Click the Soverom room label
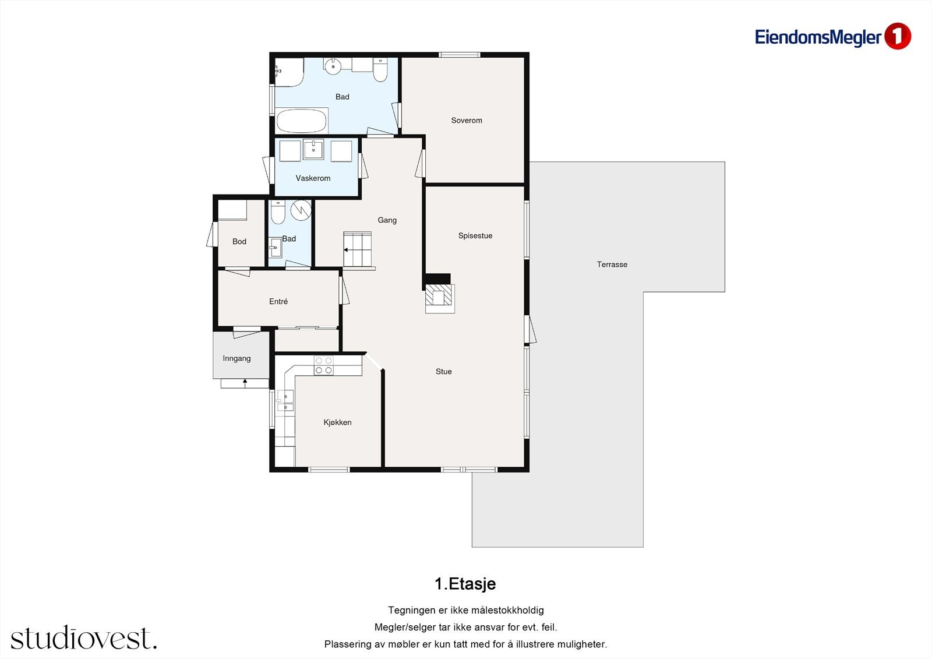click(x=467, y=120)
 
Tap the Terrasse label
click(x=612, y=265)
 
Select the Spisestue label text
click(x=475, y=235)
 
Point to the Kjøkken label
click(x=337, y=422)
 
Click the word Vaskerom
click(x=313, y=178)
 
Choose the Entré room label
click(x=278, y=301)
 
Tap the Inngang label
click(x=236, y=358)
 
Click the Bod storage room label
click(x=239, y=241)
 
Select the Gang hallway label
click(x=387, y=220)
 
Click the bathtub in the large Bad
click(x=302, y=120)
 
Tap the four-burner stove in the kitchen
click(x=323, y=365)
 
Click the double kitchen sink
click(x=285, y=401)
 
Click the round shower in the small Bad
click(x=301, y=210)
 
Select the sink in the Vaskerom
click(x=313, y=149)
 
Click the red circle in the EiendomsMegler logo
click(x=898, y=37)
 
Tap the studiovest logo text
click(x=84, y=637)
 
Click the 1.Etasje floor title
click(x=465, y=584)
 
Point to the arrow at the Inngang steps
click(x=245, y=383)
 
